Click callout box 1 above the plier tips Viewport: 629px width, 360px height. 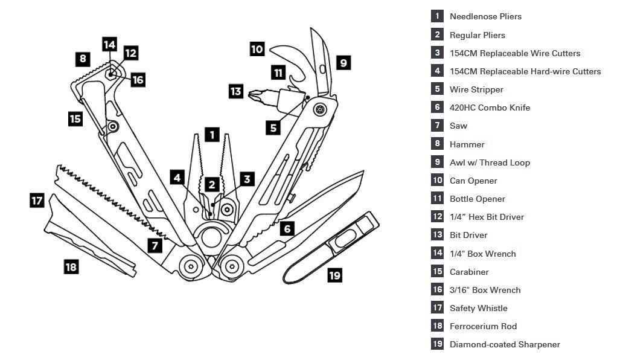(x=211, y=134)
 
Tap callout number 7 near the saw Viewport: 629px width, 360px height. (x=155, y=245)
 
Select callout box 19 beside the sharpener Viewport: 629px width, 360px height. (x=334, y=275)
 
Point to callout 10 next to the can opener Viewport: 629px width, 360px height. (x=257, y=49)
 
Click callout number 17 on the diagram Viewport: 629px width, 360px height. (x=37, y=200)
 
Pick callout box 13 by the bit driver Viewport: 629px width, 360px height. (x=236, y=92)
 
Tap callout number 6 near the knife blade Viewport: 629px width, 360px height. (x=287, y=228)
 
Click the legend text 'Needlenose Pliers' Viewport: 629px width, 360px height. (x=485, y=16)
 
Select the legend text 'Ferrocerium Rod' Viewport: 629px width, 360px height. (x=483, y=326)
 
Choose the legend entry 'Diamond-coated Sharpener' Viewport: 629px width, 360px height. (x=505, y=344)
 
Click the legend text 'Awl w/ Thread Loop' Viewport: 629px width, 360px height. (x=490, y=162)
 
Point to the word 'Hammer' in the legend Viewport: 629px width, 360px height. (x=467, y=144)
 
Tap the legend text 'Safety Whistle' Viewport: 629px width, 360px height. (x=478, y=308)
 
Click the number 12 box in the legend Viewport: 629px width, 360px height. (x=437, y=217)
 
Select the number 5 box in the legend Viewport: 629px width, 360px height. (x=437, y=89)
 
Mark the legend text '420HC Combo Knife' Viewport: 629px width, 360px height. (x=490, y=108)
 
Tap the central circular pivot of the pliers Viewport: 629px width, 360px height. (x=211, y=236)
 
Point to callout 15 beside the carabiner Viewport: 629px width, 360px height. (x=75, y=118)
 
